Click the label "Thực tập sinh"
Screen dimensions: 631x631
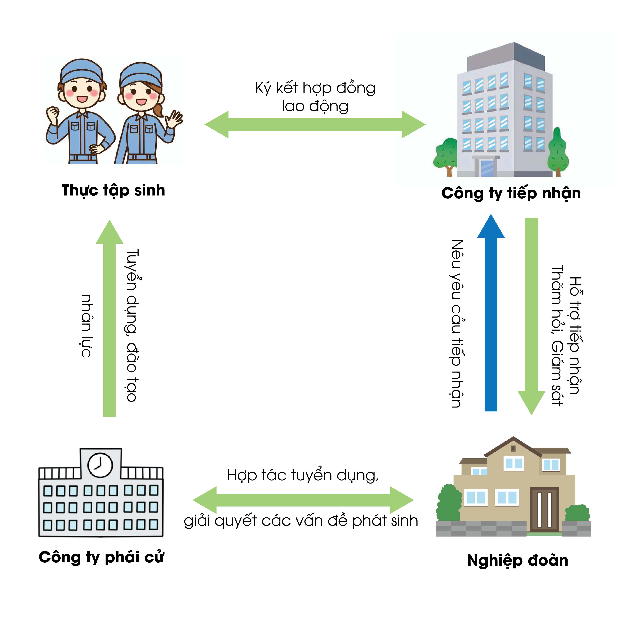click(113, 190)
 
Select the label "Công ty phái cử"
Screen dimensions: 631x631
click(101, 557)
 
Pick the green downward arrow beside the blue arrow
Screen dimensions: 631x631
click(531, 314)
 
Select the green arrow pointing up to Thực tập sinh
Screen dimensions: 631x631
click(109, 320)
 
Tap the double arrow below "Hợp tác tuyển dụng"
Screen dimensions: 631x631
click(303, 500)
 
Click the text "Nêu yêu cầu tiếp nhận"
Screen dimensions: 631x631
click(457, 323)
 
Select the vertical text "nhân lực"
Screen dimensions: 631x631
click(86, 326)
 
